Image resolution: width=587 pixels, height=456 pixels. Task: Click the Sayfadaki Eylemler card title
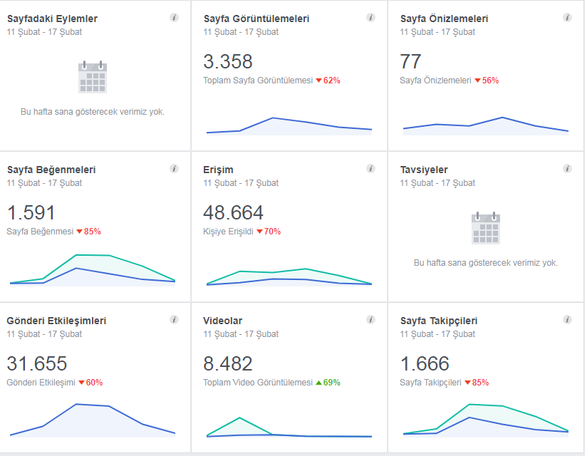(52, 19)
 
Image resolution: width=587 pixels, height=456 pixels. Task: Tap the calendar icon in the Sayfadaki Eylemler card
(93, 77)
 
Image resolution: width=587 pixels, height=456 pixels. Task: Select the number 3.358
(228, 61)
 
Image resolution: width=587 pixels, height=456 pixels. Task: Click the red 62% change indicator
(328, 81)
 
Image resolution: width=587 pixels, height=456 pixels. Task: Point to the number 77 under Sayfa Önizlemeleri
(410, 61)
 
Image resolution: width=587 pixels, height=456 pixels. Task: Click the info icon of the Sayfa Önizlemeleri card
(567, 18)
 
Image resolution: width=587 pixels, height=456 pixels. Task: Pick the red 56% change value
(487, 81)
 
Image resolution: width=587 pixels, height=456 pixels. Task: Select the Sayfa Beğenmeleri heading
(51, 170)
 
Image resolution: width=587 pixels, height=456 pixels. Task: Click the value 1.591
(31, 212)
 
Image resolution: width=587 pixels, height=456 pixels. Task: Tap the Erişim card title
(218, 170)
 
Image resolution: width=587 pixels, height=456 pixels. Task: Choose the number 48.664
(233, 212)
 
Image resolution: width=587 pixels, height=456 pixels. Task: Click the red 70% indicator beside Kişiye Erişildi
(269, 232)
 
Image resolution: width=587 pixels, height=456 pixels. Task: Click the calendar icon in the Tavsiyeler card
(486, 228)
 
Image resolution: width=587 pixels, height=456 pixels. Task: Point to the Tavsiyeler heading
(424, 170)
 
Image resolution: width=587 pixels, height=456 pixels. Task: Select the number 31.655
(37, 363)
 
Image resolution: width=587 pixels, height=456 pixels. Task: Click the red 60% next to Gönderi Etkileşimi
(90, 383)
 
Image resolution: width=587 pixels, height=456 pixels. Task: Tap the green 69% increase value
(328, 383)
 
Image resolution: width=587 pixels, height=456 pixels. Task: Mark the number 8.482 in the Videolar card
(228, 363)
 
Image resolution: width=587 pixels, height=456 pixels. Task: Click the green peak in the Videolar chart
(239, 418)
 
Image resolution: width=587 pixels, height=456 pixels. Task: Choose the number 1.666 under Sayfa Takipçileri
(425, 363)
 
